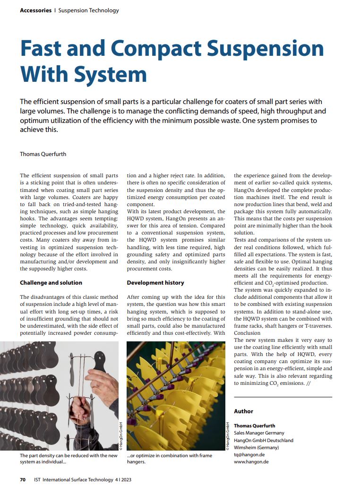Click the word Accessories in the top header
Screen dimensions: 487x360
pos(35,10)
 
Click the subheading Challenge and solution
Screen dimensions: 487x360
pos(51,283)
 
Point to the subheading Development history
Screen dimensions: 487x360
pos(155,283)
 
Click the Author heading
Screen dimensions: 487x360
pos(243,411)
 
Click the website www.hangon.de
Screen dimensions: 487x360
pos(251,462)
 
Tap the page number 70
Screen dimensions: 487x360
pos(23,479)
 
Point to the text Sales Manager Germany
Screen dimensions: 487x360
pos(259,433)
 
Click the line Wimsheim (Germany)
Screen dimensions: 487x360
pos(256,448)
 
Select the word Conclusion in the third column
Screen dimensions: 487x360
pos(247,333)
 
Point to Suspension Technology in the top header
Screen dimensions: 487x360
pos(89,10)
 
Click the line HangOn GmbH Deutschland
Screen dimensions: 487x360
pos(264,441)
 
